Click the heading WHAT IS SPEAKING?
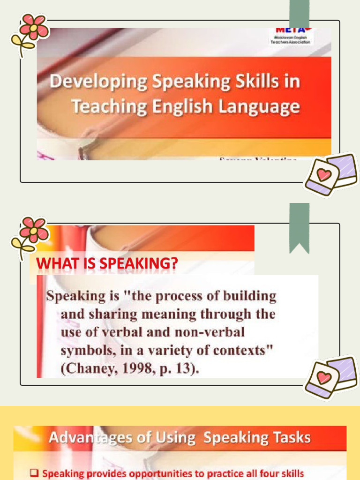click(107, 264)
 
